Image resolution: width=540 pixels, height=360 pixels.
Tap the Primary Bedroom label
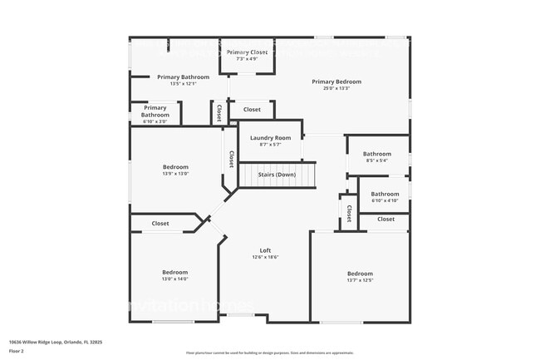pos(336,81)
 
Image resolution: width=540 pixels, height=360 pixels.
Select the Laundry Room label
pos(270,137)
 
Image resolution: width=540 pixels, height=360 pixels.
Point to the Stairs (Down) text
pos(277,175)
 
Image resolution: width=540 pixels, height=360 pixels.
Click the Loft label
pos(265,250)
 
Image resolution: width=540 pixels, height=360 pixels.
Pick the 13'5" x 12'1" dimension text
pos(183,83)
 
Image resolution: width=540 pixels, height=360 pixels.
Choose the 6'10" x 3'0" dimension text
pos(155,121)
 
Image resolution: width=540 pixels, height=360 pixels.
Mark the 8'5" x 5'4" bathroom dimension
pos(376,160)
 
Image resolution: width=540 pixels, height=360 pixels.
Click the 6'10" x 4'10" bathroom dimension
pos(385,200)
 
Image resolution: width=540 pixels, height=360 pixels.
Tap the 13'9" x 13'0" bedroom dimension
pos(174,174)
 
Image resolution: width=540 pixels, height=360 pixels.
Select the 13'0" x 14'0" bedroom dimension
pos(174,279)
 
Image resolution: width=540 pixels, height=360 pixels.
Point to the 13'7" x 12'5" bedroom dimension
pos(360,280)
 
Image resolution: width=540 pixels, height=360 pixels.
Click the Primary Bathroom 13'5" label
pos(183,76)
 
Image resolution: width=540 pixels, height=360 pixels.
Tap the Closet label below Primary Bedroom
pos(252,110)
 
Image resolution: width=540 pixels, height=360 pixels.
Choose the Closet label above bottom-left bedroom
pos(160,223)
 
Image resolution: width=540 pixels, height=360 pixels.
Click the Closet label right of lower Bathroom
pos(386,219)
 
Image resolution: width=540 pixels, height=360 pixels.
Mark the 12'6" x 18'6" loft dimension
pos(265,257)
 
